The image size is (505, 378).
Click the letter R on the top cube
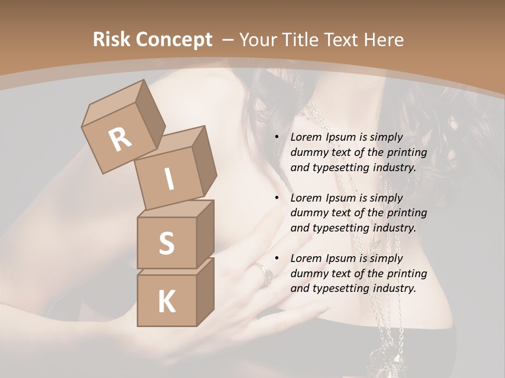point(120,139)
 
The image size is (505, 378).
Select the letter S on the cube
point(166,243)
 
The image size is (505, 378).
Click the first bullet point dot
point(277,137)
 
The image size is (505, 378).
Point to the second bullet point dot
point(277,198)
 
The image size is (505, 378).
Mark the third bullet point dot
point(277,258)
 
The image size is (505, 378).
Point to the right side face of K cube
point(205,291)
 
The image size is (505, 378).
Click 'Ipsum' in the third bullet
point(341,258)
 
